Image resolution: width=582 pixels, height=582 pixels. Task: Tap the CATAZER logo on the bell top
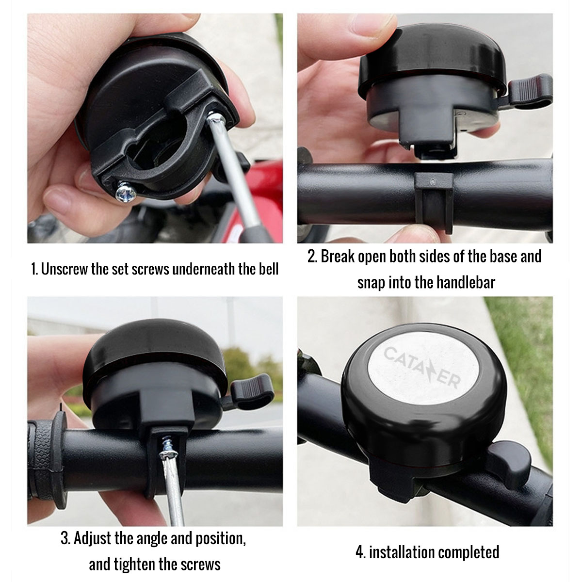pos(421,368)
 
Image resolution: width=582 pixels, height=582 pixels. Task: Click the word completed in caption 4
pos(468,552)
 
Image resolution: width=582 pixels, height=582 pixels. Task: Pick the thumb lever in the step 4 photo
pos(509,461)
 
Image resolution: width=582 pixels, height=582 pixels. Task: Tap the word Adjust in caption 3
pos(93,538)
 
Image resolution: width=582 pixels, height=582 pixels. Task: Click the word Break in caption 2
pos(338,256)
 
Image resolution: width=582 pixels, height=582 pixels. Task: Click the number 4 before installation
pos(359,552)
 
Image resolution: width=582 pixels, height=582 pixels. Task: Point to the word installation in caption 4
pos(401,552)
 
